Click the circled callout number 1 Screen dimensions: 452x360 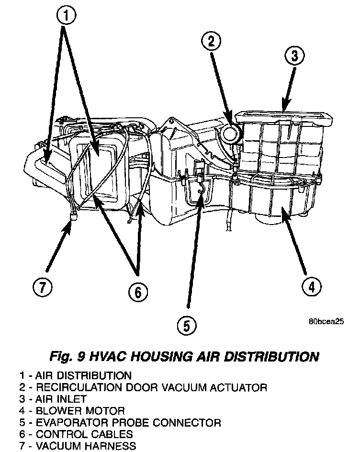66,16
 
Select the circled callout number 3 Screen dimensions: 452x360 294,56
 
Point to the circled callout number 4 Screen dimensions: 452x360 311,286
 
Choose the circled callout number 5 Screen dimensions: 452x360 186,326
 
